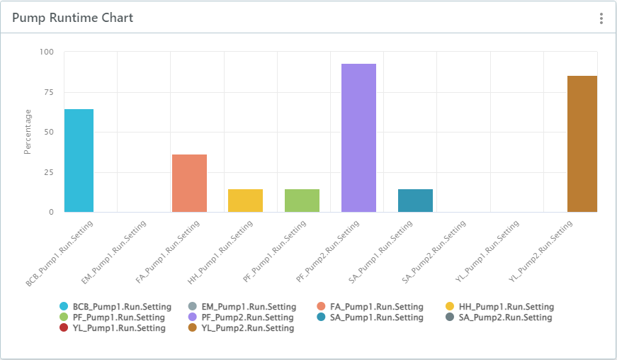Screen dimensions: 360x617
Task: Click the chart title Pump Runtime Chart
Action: [73, 18]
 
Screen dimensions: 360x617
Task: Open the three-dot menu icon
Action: [601, 18]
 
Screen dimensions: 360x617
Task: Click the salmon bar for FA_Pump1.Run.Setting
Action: [189, 183]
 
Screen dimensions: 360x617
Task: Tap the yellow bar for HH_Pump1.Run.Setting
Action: [245, 201]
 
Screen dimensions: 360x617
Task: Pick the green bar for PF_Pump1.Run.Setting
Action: [302, 201]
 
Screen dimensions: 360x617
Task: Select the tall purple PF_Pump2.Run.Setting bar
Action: [358, 137]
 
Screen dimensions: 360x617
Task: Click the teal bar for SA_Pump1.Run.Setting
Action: [415, 201]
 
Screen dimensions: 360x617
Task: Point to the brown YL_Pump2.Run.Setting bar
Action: [582, 143]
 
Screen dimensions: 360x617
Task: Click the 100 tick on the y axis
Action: [47, 52]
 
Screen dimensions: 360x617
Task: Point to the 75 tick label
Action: [49, 91]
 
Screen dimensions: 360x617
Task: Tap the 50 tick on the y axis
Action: [49, 132]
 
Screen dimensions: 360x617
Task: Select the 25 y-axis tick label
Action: [49, 171]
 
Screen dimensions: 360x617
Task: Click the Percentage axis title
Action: [28, 132]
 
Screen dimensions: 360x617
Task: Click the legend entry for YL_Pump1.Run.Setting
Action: [118, 328]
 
